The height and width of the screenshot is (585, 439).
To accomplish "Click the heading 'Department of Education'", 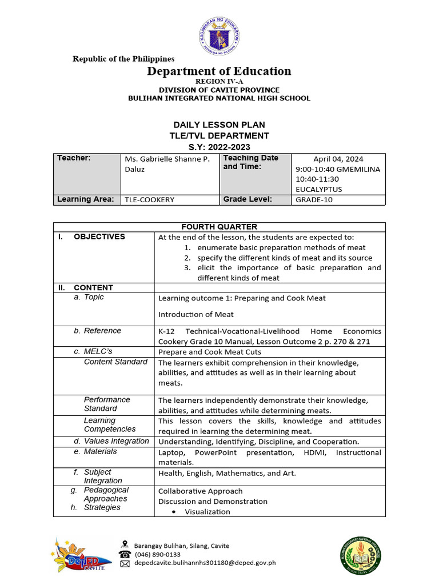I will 219,71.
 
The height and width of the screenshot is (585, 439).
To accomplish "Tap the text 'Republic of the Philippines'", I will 123,59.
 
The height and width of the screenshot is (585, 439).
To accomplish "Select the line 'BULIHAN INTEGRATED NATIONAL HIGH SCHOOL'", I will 219,98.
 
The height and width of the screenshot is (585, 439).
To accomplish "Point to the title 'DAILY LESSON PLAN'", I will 219,125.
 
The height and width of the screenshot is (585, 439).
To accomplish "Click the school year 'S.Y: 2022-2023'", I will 219,147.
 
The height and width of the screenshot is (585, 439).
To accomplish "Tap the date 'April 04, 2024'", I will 338,159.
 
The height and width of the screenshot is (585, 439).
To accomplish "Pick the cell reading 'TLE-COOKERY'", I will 149,200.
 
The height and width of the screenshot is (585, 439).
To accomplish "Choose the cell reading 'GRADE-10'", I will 314,200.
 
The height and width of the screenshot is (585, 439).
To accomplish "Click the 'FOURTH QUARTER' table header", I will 219,227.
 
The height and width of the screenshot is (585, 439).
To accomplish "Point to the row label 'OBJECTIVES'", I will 99,237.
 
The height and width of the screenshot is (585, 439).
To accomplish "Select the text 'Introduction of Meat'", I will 195,315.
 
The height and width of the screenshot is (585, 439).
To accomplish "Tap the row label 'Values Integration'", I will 116,441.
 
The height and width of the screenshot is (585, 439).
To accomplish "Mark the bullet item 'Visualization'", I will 207,512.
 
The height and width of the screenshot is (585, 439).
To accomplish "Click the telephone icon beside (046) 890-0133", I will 125,554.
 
